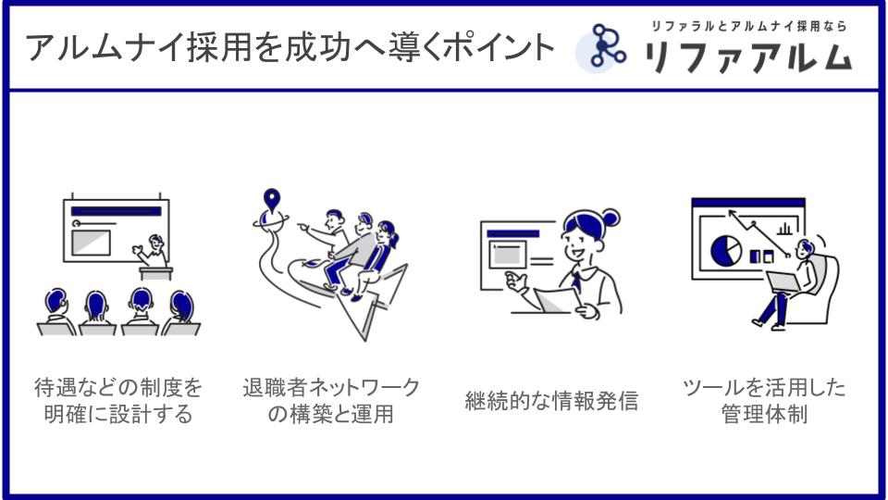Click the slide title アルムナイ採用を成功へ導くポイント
pyautogui.click(x=290, y=47)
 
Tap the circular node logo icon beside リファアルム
pyautogui.click(x=602, y=47)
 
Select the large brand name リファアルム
pyautogui.click(x=748, y=56)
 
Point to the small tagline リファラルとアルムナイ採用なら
pyautogui.click(x=748, y=26)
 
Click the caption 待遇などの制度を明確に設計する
pyautogui.click(x=118, y=401)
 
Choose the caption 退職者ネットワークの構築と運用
pyautogui.click(x=331, y=401)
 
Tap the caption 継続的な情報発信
pyautogui.click(x=551, y=401)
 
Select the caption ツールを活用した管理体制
pyautogui.click(x=764, y=401)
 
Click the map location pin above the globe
pyautogui.click(x=272, y=200)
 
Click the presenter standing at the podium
pyautogui.click(x=152, y=251)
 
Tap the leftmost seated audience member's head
pyautogui.click(x=56, y=301)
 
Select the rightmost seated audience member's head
pyautogui.click(x=182, y=305)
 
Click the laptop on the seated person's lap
pyautogui.click(x=784, y=282)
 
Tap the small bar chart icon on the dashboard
pyautogui.click(x=784, y=229)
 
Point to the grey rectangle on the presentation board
pyautogui.click(x=91, y=243)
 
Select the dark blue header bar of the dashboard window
pyautogui.click(x=748, y=203)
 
